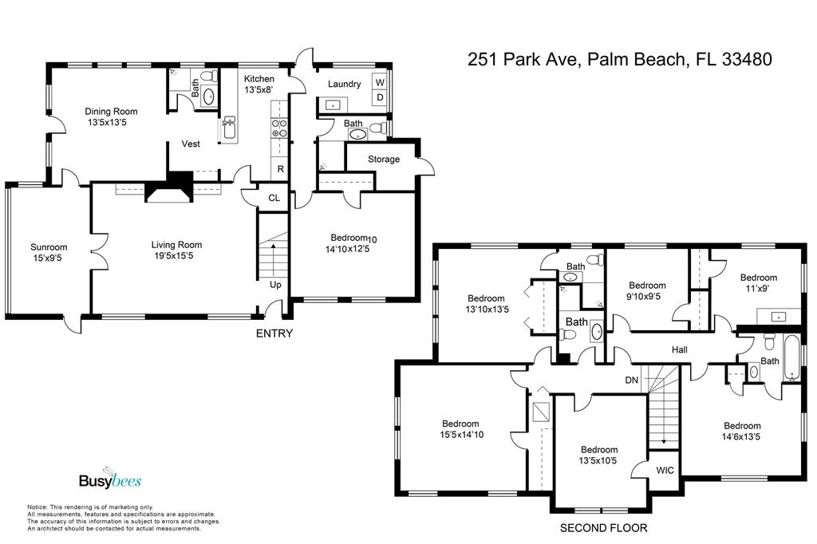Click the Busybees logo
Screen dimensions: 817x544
point(110,478)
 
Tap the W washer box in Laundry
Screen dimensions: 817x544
point(380,82)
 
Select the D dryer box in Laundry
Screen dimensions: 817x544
point(380,97)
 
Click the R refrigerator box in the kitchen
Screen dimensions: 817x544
point(280,169)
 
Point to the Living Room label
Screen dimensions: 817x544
point(176,244)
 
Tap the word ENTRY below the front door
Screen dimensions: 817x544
point(274,333)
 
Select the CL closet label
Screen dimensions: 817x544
point(274,198)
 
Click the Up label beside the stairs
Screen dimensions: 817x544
point(275,285)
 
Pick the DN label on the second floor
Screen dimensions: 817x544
point(632,380)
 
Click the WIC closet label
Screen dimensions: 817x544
point(665,471)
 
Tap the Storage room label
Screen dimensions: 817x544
point(384,160)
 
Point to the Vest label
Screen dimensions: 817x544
point(191,144)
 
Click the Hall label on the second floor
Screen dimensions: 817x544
point(680,350)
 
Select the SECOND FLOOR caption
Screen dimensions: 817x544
point(603,528)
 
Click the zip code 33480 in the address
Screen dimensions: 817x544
point(747,59)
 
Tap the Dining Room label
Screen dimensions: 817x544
point(111,111)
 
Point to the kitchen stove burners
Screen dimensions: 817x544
point(279,128)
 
